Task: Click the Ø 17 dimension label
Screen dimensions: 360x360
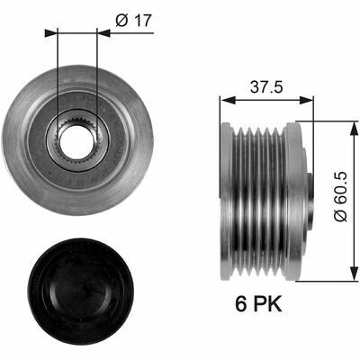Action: click(134, 21)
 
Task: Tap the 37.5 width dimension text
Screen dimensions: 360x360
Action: click(267, 87)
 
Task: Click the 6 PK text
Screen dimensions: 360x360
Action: click(258, 304)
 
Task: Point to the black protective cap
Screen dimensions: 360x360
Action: click(81, 291)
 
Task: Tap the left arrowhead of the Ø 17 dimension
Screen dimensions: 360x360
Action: click(50, 32)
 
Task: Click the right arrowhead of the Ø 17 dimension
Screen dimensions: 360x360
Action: click(103, 32)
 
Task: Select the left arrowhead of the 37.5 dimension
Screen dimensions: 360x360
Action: click(227, 101)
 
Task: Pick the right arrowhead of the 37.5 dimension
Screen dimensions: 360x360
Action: click(307, 101)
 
